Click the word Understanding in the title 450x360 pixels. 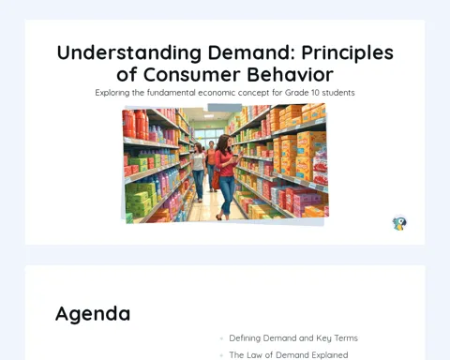[129, 52]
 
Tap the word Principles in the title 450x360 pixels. [347, 53]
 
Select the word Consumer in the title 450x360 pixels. [192, 75]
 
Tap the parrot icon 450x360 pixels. [399, 223]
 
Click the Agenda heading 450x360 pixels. [93, 314]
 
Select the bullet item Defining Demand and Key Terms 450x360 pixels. [293, 338]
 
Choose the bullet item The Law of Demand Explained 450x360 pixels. [289, 355]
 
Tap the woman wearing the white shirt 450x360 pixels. [198, 172]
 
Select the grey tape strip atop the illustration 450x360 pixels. [225, 108]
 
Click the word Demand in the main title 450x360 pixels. [251, 52]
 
